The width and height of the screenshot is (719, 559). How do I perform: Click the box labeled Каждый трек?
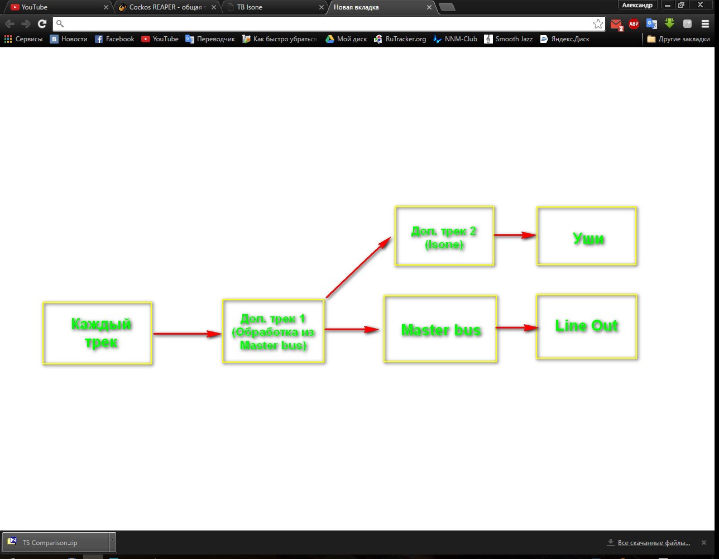[x=97, y=333]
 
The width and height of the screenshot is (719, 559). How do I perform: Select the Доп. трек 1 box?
[x=273, y=331]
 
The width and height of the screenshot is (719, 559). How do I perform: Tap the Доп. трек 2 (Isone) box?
[x=444, y=236]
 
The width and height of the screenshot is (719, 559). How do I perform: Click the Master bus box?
[x=440, y=329]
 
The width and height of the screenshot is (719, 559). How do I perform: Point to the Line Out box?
[x=586, y=326]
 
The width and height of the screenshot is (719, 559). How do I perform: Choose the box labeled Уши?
[x=587, y=235]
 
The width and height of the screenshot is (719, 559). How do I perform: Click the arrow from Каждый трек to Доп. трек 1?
[x=187, y=334]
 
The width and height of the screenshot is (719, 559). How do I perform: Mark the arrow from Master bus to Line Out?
[x=516, y=327]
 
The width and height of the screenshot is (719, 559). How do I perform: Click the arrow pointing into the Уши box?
[x=515, y=235]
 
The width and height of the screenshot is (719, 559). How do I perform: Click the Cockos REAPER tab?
[x=165, y=7]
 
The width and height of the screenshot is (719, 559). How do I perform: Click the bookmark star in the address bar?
[x=598, y=23]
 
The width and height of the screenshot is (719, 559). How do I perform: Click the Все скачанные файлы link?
[x=653, y=543]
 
